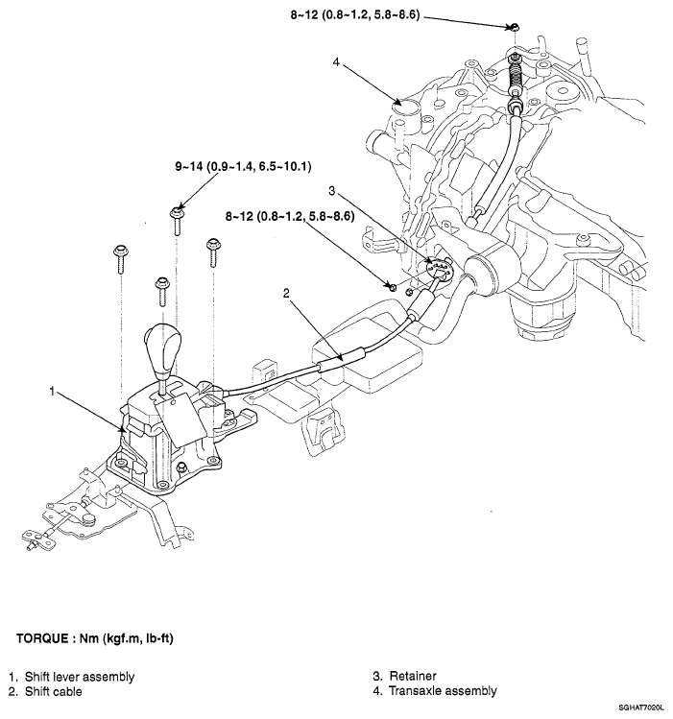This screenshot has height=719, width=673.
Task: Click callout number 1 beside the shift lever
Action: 55,391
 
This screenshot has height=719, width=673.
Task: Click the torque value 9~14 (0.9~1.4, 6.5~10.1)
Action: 243,166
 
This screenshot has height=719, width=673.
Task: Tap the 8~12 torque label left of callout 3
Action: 287,217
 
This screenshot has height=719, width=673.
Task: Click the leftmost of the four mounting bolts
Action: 118,254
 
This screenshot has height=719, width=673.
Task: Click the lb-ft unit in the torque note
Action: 170,638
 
